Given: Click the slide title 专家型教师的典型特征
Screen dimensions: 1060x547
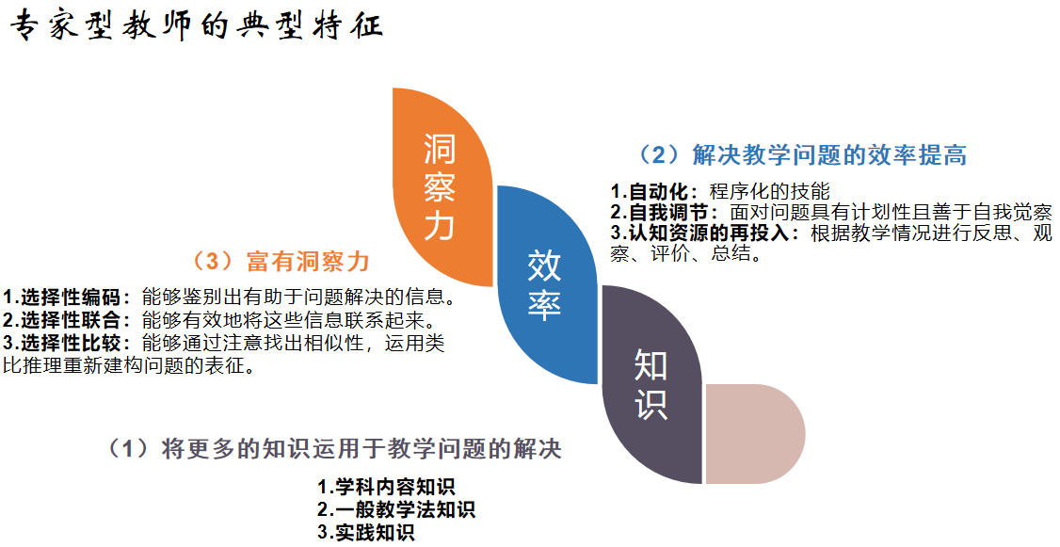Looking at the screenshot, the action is tap(196, 26).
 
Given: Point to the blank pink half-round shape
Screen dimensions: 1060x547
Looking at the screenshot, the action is tap(755, 434).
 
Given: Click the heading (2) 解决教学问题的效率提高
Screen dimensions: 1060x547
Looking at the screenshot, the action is tap(802, 154).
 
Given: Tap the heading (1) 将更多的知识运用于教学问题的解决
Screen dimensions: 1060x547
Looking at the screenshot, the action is tap(334, 448).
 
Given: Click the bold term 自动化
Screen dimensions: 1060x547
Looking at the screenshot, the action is tap(658, 191).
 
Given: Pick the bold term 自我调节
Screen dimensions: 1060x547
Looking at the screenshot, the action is tap(668, 213).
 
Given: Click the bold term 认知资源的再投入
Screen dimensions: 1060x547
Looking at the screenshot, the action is tap(709, 233).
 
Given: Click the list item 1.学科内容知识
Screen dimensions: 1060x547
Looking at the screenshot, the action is tap(386, 487).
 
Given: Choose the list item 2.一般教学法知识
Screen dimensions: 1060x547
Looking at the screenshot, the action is tap(396, 509).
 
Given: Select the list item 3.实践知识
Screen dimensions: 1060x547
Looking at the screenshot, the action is tap(365, 532).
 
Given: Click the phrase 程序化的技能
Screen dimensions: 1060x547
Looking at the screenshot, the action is tap(769, 191).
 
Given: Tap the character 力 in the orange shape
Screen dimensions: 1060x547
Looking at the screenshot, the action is tap(440, 226).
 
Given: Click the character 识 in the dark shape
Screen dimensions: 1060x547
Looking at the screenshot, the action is tap(650, 404).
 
